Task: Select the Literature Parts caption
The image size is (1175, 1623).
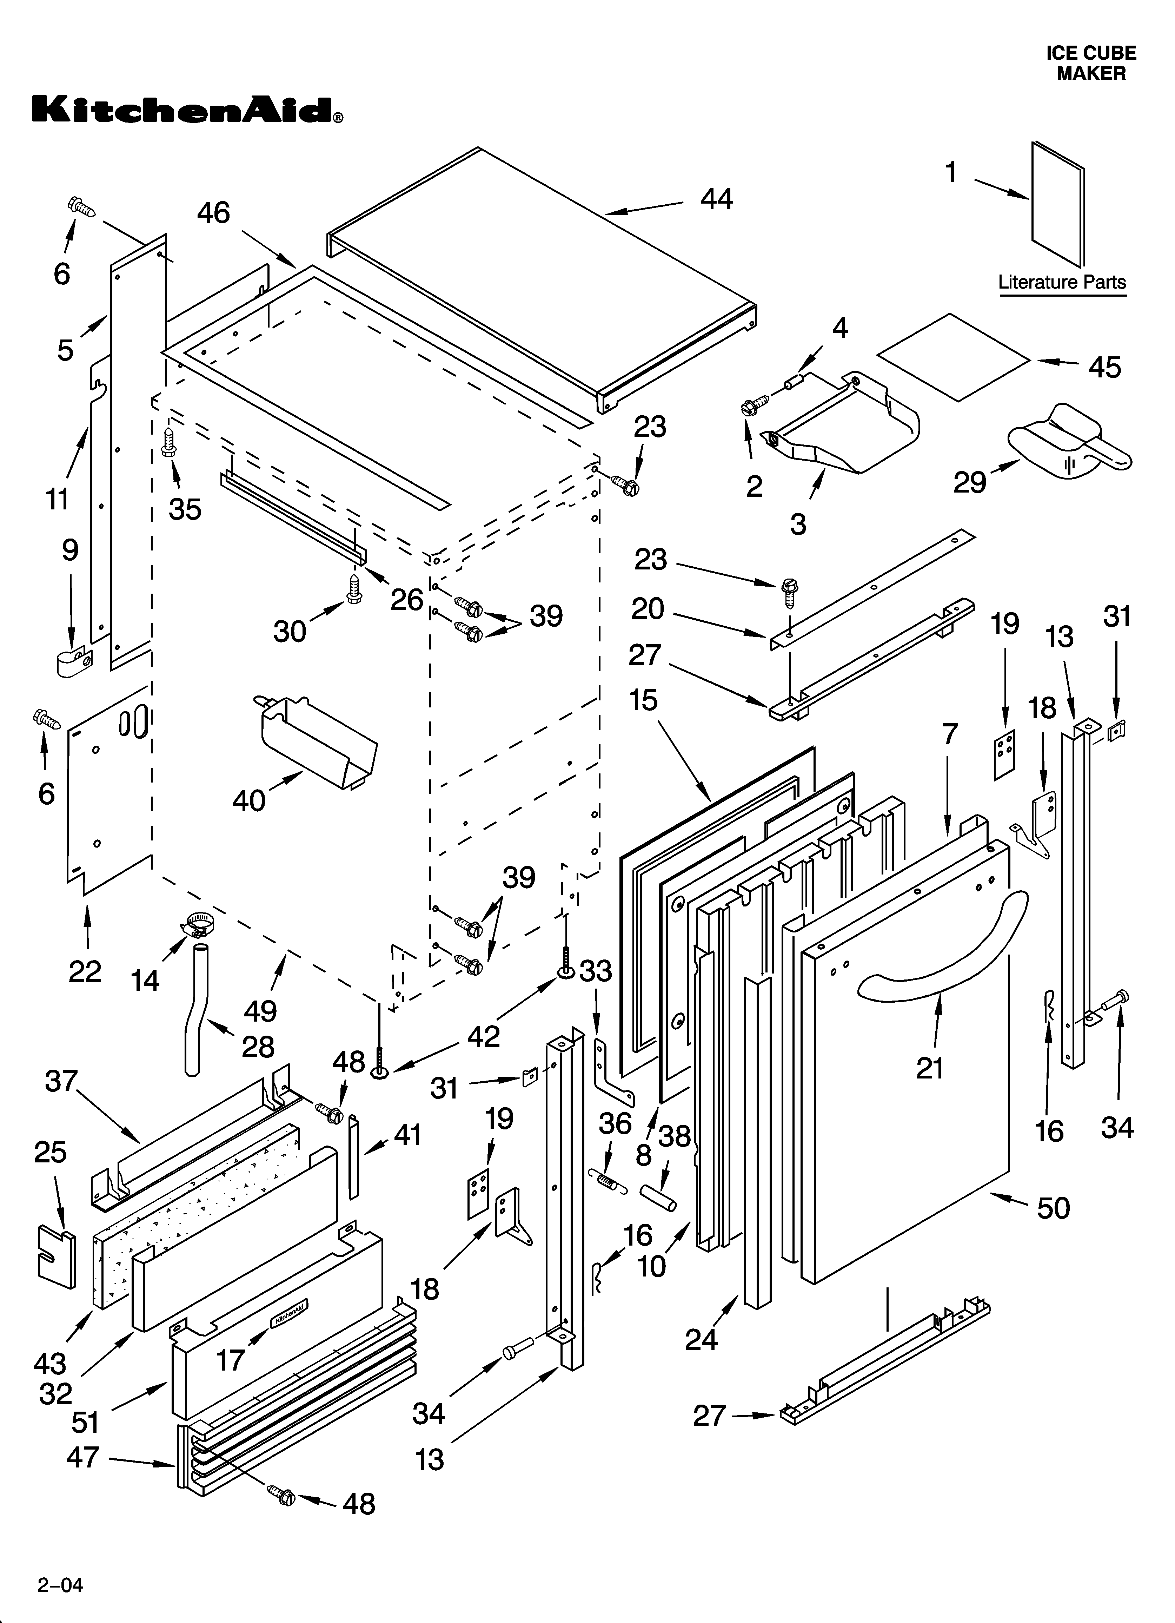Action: [x=1062, y=282]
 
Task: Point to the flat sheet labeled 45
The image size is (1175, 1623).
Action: [x=955, y=356]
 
